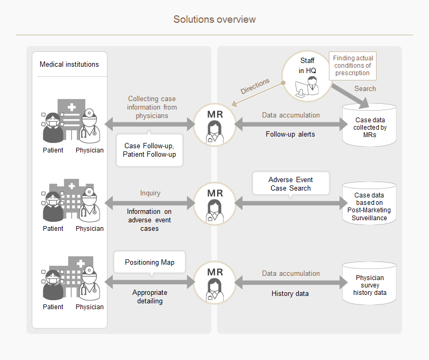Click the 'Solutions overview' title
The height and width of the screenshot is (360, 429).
click(x=215, y=20)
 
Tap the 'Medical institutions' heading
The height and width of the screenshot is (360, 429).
click(x=69, y=64)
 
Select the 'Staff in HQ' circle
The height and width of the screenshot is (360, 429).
click(x=307, y=76)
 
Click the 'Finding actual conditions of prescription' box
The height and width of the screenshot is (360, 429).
click(x=353, y=66)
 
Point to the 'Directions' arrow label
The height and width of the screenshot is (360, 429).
click(x=255, y=86)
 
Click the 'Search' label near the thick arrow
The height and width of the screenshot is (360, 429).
click(x=365, y=88)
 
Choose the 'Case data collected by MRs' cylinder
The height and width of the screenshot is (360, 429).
click(x=369, y=125)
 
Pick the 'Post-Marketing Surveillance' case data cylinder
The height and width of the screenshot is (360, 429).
click(x=369, y=203)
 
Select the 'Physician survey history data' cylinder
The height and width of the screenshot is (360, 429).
click(x=369, y=283)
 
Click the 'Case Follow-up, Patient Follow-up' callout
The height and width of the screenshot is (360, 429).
click(x=149, y=150)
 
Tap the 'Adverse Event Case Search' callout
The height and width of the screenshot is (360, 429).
click(x=291, y=184)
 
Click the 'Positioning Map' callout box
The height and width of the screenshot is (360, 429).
click(x=150, y=262)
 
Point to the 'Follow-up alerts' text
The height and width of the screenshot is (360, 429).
click(x=290, y=134)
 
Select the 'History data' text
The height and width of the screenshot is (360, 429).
click(x=290, y=293)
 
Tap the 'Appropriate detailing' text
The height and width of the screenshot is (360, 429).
click(x=150, y=296)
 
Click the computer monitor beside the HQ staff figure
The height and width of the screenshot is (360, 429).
click(x=301, y=88)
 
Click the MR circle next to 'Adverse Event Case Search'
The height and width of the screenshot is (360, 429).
click(x=215, y=204)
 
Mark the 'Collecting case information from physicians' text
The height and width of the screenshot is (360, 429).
click(x=152, y=107)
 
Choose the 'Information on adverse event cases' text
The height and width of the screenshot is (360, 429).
click(x=149, y=220)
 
